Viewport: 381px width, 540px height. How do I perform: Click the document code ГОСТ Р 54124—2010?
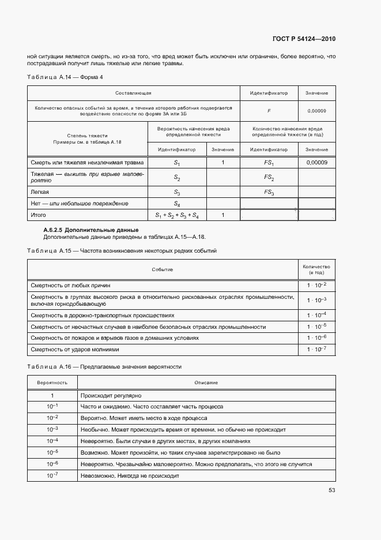(303, 39)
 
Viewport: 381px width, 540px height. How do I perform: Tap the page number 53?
(331, 490)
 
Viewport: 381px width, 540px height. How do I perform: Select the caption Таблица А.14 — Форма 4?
(65, 77)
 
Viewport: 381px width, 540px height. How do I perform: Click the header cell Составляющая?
(133, 93)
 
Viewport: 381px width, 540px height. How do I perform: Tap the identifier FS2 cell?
(269, 178)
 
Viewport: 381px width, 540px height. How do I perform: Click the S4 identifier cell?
(177, 204)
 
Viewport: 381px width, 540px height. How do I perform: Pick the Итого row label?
(38, 215)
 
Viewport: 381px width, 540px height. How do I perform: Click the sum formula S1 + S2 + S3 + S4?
(177, 215)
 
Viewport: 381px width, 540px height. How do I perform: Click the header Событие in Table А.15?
(162, 269)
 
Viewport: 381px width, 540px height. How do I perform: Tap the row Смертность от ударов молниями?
(74, 349)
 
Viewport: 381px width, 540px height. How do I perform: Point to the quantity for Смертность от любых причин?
(316, 285)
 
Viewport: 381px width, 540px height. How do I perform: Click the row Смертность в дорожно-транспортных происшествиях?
(102, 316)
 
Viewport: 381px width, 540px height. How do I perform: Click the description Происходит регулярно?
(111, 396)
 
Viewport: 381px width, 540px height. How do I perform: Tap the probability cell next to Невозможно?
(52, 475)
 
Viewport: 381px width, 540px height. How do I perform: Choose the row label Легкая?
(40, 192)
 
